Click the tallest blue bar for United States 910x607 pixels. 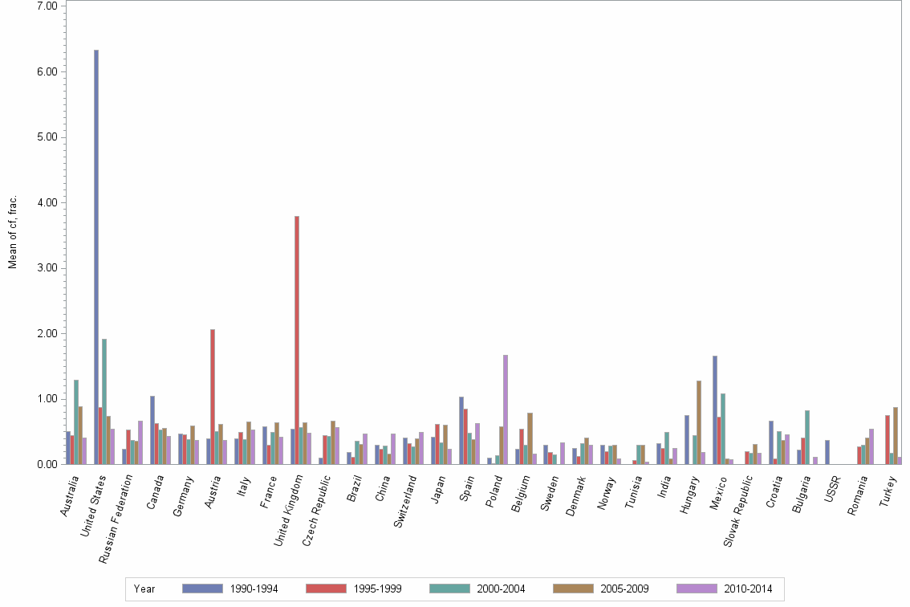coord(96,257)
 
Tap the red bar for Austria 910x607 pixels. coord(213,397)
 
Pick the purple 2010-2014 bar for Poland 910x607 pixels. coord(506,409)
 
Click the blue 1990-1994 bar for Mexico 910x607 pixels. coord(715,409)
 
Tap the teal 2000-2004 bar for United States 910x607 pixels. coord(104,401)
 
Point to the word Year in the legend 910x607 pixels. coord(144,589)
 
